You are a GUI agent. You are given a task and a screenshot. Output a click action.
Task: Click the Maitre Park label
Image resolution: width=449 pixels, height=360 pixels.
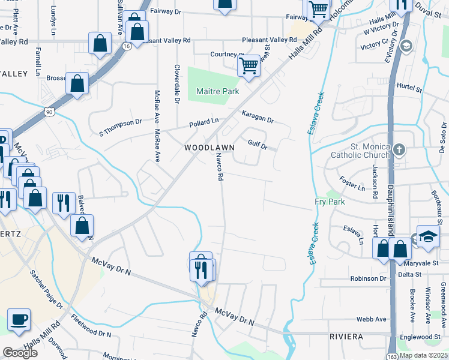217,91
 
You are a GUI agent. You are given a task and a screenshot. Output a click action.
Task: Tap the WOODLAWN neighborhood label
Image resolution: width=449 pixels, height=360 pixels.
209,147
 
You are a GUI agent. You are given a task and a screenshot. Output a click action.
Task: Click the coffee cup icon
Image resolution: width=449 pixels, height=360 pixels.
19,320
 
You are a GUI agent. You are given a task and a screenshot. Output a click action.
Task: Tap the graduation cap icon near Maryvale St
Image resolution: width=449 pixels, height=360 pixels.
428,237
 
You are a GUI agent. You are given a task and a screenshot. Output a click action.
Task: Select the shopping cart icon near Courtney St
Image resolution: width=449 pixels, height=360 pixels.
249,65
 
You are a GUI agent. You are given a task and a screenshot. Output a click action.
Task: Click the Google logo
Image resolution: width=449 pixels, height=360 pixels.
20,353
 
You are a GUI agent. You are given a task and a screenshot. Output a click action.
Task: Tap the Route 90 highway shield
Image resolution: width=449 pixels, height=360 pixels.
49,112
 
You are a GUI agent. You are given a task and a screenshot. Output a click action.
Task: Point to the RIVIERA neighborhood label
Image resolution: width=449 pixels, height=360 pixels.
346,337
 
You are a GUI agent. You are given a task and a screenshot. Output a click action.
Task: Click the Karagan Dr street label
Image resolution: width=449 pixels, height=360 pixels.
258,116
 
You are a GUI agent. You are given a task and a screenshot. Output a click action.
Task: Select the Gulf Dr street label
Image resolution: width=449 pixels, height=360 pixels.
257,142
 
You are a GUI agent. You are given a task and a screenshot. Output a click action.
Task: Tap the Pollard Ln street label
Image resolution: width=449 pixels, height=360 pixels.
203,122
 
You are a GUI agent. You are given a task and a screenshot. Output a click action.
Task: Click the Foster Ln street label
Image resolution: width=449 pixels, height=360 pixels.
352,184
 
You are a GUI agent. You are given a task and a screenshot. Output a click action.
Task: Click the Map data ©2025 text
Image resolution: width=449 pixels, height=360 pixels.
423,355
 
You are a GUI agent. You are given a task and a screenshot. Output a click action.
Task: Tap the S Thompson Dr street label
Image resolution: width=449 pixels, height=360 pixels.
120,125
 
